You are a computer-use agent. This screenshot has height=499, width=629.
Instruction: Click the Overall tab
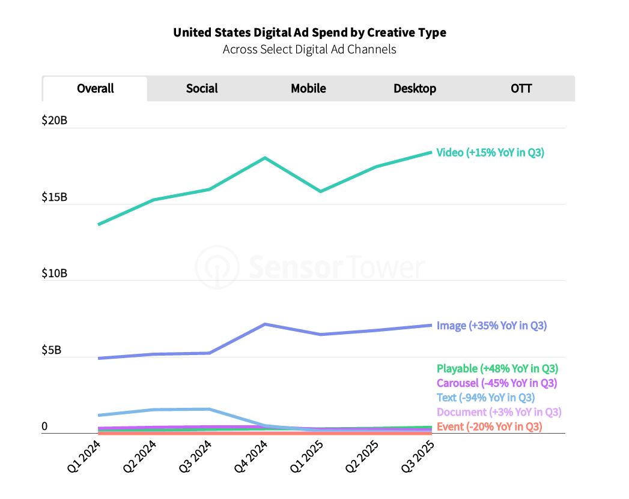(x=95, y=89)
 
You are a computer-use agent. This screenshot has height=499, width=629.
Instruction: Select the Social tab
(x=202, y=89)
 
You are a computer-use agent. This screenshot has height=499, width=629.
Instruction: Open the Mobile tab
(x=308, y=89)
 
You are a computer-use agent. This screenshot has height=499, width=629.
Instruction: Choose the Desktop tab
(x=415, y=89)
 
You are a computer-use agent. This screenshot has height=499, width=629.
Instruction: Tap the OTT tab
(x=521, y=89)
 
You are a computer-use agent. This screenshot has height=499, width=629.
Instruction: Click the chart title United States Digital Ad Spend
(x=309, y=32)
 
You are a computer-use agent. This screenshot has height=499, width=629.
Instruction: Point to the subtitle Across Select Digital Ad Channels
(x=309, y=49)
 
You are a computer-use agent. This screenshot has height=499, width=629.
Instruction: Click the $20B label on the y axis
(x=54, y=121)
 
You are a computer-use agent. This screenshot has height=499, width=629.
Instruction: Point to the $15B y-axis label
(x=54, y=197)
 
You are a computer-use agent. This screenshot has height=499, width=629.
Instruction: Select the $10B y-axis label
(x=54, y=274)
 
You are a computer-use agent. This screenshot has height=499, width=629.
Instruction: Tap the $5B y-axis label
(x=51, y=350)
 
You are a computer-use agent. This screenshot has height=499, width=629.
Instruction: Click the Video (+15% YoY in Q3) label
(x=490, y=152)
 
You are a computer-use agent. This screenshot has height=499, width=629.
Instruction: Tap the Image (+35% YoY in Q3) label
(x=491, y=326)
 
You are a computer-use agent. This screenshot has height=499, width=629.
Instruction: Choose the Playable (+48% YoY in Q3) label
(x=497, y=368)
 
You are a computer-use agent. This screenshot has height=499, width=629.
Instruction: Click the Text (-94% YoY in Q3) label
(x=485, y=397)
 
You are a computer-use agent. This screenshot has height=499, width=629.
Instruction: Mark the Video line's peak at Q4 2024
(x=264, y=158)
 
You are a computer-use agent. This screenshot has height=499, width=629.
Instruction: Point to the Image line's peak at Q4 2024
(x=264, y=324)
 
